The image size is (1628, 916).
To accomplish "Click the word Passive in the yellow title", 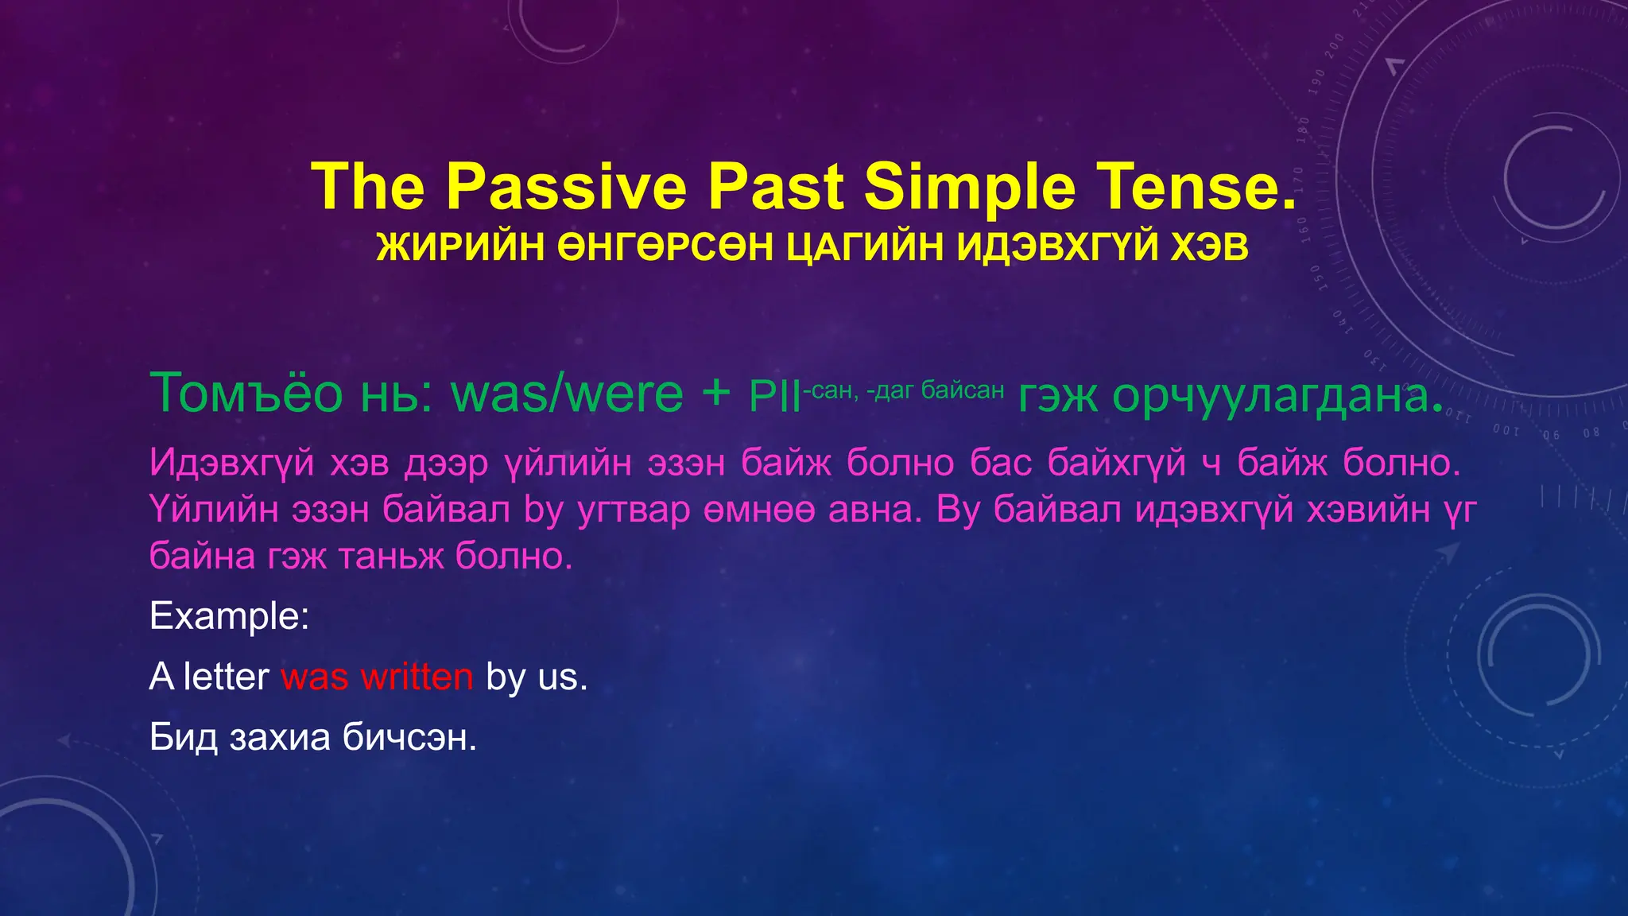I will pyautogui.click(x=566, y=188).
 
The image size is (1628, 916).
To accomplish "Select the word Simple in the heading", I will pyautogui.click(x=970, y=188).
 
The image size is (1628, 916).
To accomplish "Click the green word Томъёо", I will pyautogui.click(x=246, y=393).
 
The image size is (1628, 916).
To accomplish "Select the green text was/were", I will pyautogui.click(x=567, y=393).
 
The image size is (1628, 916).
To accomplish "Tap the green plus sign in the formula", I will pyautogui.click(x=716, y=393).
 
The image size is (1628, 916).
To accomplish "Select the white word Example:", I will pyautogui.click(x=229, y=616).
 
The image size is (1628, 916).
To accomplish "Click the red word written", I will pyautogui.click(x=417, y=677).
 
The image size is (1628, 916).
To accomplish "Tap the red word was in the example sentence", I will pyautogui.click(x=314, y=677).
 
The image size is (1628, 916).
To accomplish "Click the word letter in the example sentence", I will pyautogui.click(x=227, y=677).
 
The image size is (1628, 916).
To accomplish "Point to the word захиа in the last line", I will pyautogui.click(x=280, y=738).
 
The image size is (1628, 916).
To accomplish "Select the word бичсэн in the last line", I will pyautogui.click(x=409, y=738).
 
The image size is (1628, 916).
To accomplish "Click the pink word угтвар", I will pyautogui.click(x=634, y=510).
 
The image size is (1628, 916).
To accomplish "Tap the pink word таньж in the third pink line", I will pyautogui.click(x=390, y=556).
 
